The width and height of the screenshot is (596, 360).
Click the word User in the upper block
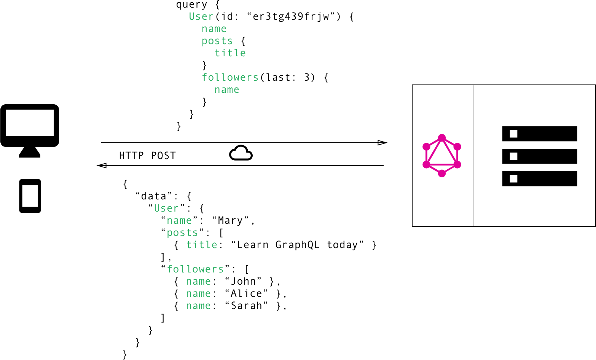pyautogui.click(x=201, y=17)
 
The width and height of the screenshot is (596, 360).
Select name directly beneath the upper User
pyautogui.click(x=214, y=29)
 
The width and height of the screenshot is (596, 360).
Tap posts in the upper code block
pyautogui.click(x=217, y=41)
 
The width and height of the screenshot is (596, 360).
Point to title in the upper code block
pyautogui.click(x=230, y=53)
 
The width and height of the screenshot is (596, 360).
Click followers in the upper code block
pyautogui.click(x=230, y=78)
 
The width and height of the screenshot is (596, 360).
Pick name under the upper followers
pyautogui.click(x=227, y=90)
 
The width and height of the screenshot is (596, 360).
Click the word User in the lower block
pyautogui.click(x=166, y=209)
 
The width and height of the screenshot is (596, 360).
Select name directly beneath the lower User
pyautogui.click(x=179, y=221)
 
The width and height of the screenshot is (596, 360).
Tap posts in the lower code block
pyautogui.click(x=182, y=233)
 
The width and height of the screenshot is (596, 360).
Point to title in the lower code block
pyautogui.click(x=202, y=245)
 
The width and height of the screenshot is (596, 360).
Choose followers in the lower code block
pyautogui.click(x=195, y=269)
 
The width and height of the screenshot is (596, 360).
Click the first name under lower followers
pyautogui.click(x=198, y=282)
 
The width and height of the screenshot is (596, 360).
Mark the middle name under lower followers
pyautogui.click(x=198, y=294)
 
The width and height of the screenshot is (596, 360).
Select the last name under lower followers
pyautogui.click(x=198, y=306)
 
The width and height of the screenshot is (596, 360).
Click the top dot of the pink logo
pyautogui.click(x=442, y=137)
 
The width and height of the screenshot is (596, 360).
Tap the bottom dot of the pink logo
pyautogui.click(x=442, y=174)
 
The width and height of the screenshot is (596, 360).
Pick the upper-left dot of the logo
pyautogui.click(x=426, y=147)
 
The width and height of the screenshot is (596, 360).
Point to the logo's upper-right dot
pyautogui.click(x=457, y=147)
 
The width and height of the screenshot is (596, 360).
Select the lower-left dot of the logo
pyautogui.click(x=426, y=164)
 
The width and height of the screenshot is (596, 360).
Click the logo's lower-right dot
pyautogui.click(x=457, y=164)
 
